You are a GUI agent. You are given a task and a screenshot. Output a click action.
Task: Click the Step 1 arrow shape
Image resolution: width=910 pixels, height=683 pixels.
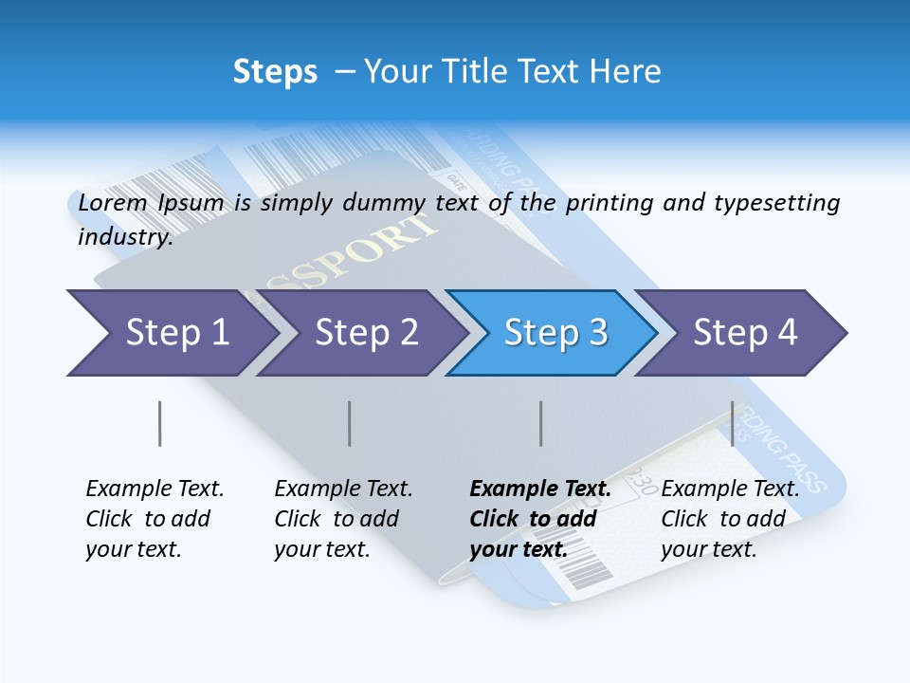171,333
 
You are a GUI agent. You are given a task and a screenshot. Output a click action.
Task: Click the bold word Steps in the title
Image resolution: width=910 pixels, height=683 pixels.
275,72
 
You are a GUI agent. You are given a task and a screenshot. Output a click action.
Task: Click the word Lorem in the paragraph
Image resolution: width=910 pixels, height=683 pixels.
111,203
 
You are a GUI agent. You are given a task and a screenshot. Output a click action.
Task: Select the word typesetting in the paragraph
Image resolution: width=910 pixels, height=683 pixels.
776,203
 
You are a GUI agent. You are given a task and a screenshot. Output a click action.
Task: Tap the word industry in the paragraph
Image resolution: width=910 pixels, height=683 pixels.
124,237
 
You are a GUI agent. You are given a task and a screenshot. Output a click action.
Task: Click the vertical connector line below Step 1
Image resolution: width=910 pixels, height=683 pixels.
160,423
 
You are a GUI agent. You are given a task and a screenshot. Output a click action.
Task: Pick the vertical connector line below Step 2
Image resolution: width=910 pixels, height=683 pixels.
350,423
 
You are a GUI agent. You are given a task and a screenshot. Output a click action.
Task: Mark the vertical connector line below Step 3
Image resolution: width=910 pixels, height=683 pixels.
541,423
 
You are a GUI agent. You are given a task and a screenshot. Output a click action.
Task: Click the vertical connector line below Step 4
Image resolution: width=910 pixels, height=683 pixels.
732,423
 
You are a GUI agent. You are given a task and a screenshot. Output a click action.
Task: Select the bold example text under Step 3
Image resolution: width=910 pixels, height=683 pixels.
539,519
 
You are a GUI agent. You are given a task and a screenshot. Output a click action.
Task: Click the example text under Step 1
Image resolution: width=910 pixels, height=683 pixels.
154,519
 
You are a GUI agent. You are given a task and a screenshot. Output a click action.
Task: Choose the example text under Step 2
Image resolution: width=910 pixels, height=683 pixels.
343,519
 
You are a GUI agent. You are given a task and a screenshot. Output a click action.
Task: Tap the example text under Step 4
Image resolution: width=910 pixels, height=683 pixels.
729,519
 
